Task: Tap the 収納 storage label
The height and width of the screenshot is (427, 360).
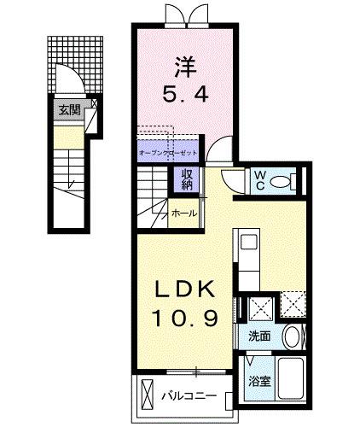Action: click(x=185, y=180)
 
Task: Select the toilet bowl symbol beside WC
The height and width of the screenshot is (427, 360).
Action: click(x=290, y=181)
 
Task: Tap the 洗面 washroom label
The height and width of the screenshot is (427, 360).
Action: click(x=259, y=336)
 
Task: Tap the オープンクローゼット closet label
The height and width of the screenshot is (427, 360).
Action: click(x=167, y=152)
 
